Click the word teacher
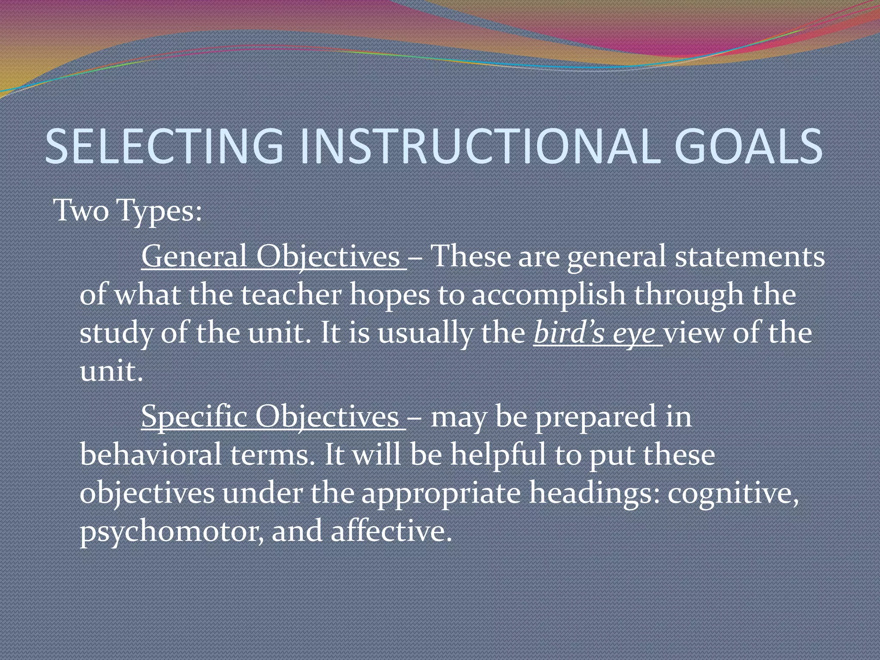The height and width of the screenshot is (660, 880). [291, 295]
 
